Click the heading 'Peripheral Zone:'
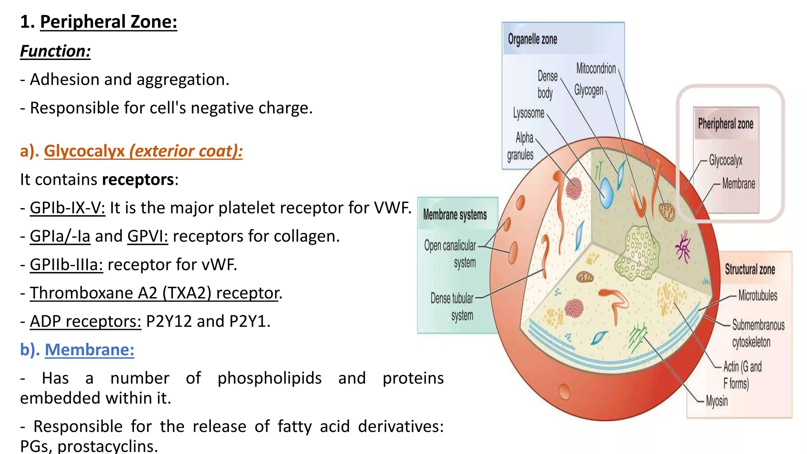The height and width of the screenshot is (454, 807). pos(108,22)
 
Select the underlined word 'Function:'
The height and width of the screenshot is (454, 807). pos(56,51)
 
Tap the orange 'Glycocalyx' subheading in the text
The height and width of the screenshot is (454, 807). pos(84,151)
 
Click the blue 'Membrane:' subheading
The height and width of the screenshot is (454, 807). pos(89,350)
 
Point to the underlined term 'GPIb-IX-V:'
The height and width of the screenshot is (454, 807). pos(67,208)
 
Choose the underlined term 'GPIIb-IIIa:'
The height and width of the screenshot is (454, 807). pos(66,264)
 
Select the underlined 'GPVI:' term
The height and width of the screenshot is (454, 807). pos(147,236)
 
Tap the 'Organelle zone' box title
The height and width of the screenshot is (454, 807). pos(532,39)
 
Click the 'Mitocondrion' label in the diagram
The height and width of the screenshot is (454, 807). pos(596,69)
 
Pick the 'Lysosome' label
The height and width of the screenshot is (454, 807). pos(528,113)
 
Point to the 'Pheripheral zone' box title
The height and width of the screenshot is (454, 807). pos(725,124)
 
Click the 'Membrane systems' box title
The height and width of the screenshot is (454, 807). pos(455,215)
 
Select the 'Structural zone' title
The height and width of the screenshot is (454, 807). pos(750,270)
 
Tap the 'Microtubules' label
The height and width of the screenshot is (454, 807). pos(758,295)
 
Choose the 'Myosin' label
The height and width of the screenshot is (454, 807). pos(717,401)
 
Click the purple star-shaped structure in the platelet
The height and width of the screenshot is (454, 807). pos(683,247)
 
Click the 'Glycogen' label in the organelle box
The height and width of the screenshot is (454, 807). pos(589,90)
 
